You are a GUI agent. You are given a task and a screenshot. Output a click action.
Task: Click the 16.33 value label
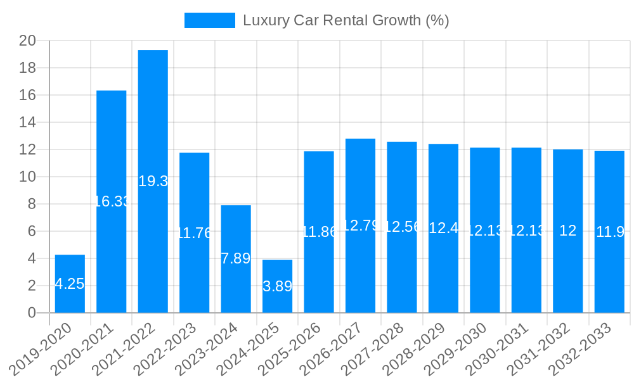pos(112,201)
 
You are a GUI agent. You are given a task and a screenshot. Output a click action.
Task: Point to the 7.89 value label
pos(236,258)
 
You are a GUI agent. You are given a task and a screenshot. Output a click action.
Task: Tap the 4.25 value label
pos(70,284)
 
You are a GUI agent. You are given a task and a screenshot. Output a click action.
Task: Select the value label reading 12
pos(568,231)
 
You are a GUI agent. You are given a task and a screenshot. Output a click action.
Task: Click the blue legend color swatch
pos(209,20)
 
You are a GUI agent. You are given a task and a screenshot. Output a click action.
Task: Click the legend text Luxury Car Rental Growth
pos(346,20)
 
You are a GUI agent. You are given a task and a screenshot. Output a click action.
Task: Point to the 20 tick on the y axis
pos(27,41)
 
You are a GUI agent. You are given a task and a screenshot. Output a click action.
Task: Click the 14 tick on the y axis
pos(27,122)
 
